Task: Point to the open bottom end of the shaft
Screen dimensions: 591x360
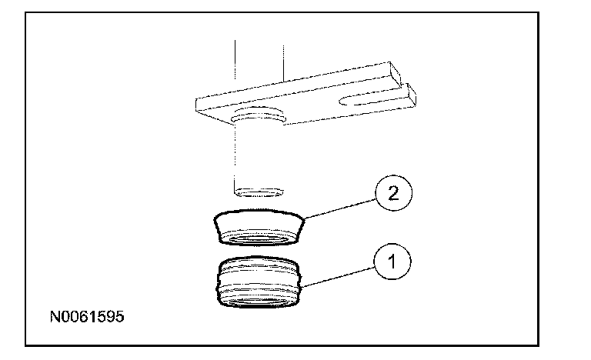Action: [x=258, y=189]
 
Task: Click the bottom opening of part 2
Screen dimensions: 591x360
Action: [x=257, y=241]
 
